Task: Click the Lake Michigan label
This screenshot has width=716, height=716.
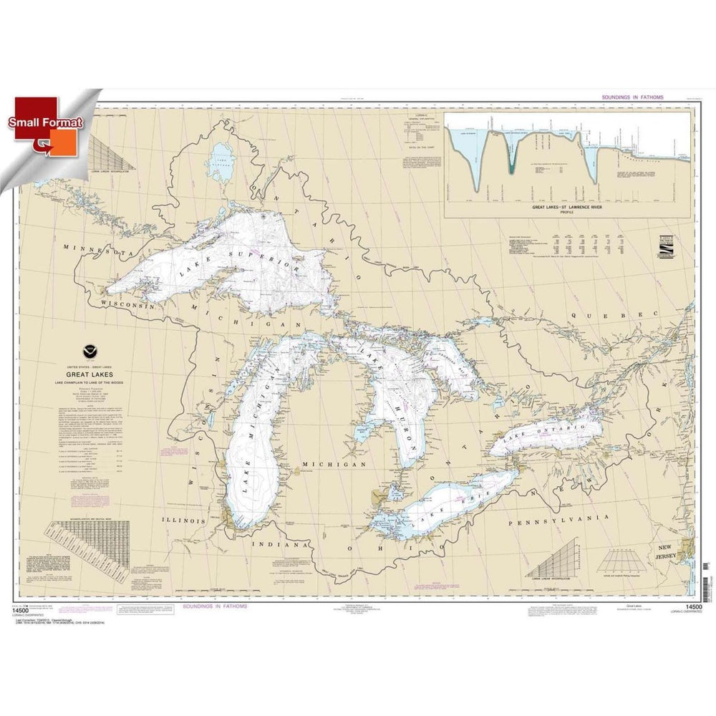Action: tap(248, 461)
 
